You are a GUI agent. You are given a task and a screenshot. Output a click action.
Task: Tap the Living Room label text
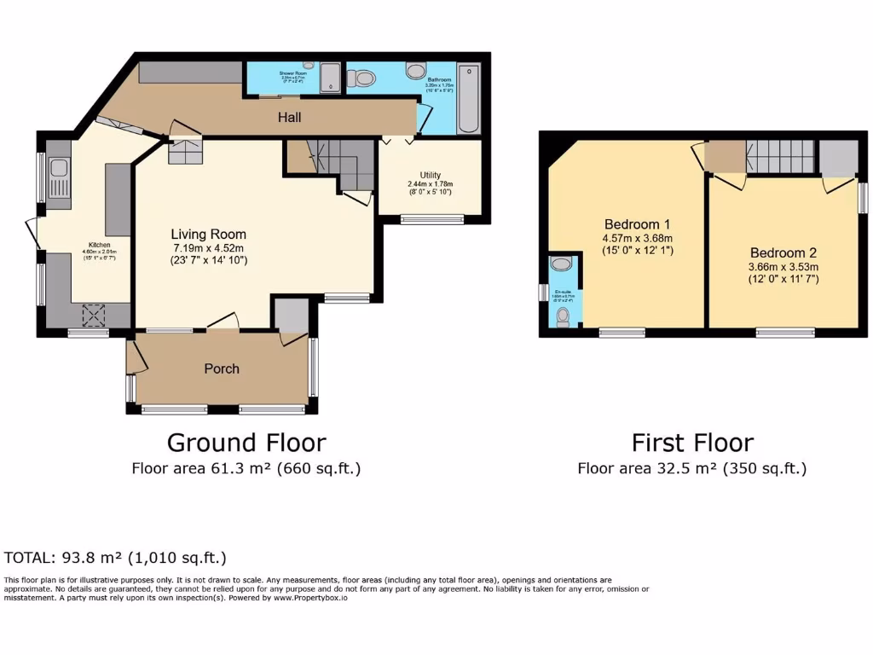[x=208, y=234]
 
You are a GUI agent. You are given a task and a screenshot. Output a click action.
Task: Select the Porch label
[x=221, y=368]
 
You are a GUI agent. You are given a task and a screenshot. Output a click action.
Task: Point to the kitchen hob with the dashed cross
[x=91, y=316]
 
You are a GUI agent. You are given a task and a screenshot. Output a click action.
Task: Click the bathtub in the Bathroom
[x=468, y=99]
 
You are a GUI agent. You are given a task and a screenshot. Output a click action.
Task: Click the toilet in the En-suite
[x=563, y=317]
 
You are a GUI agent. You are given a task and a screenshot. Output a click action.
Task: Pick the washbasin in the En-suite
[x=561, y=264]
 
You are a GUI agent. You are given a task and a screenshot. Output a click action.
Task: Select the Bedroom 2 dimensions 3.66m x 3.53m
[x=783, y=266]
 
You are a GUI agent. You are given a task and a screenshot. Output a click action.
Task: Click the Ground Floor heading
[x=246, y=443]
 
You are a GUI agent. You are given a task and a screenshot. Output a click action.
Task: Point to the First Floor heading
[x=691, y=443]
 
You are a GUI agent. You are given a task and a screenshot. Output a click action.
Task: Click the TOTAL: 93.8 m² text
[x=115, y=559]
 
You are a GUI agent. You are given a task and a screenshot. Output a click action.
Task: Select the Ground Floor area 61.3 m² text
[x=246, y=468]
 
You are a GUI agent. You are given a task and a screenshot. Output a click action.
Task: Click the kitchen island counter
[x=118, y=200]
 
